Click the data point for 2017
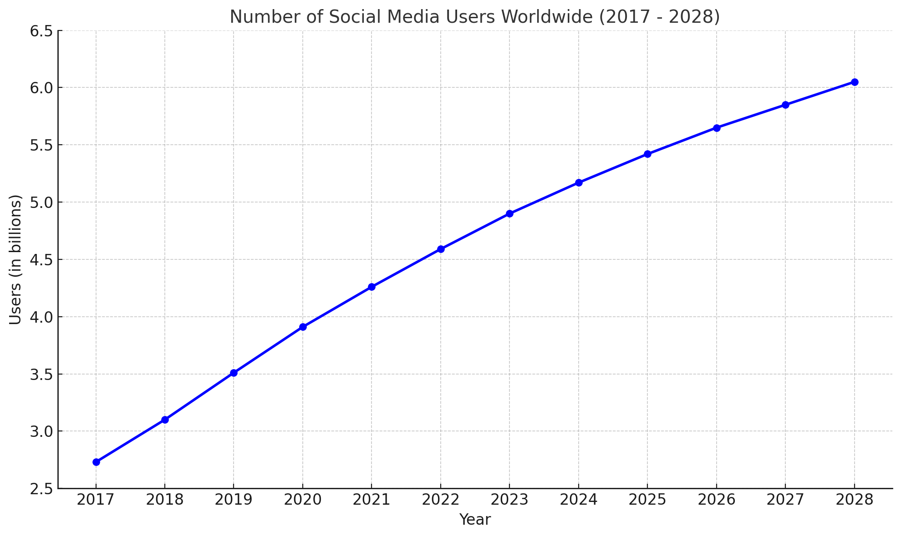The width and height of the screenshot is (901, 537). (96, 462)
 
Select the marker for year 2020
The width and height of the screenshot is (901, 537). (303, 327)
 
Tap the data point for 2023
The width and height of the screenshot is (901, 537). (509, 213)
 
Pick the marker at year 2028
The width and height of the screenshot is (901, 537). (855, 82)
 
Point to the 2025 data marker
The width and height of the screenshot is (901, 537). (647, 154)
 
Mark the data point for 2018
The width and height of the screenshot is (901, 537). (165, 420)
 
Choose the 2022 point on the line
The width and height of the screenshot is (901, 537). (441, 249)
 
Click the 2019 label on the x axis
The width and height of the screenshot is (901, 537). (234, 500)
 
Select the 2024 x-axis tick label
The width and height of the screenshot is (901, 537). (579, 500)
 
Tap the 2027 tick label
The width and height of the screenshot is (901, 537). (785, 500)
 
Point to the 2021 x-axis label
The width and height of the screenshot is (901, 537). (372, 500)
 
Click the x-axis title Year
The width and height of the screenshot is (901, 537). (475, 520)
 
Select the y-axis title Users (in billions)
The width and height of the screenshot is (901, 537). (15, 259)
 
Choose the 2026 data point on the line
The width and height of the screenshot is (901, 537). (717, 128)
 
